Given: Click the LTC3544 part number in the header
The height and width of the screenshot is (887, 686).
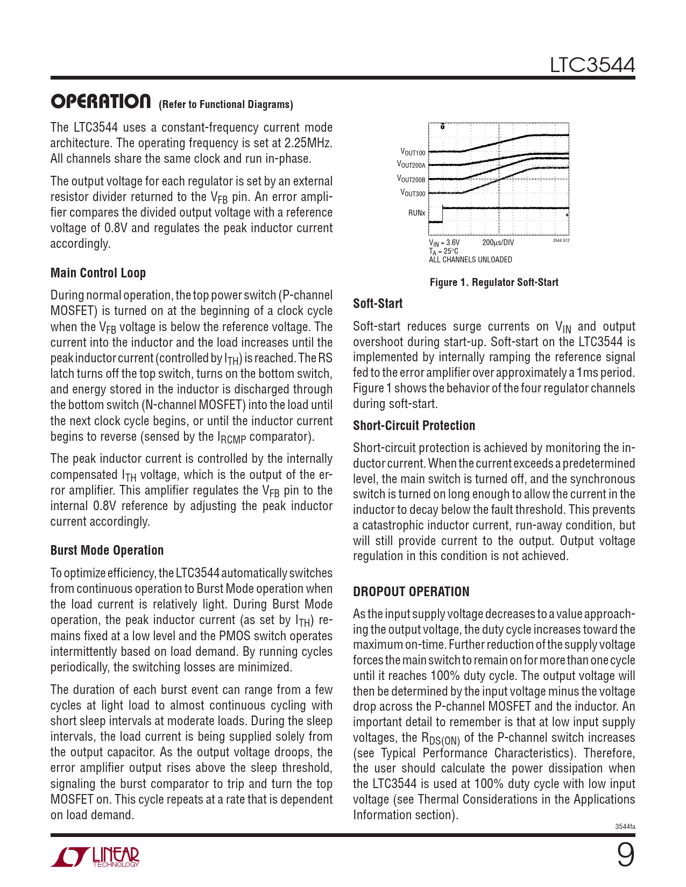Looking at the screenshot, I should (x=592, y=65).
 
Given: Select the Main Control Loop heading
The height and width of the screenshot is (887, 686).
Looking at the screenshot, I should (x=98, y=273).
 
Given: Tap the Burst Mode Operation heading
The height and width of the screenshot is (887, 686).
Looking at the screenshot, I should (x=107, y=550).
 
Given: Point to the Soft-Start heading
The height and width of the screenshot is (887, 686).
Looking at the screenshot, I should (x=378, y=304).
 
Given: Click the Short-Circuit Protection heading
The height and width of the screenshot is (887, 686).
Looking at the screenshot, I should (x=414, y=426).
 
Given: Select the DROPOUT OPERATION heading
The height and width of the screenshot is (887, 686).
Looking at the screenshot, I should (x=411, y=592).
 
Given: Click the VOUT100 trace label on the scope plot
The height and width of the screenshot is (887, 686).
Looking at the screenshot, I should (x=413, y=153).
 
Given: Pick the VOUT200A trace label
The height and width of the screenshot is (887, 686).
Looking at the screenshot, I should (x=411, y=164).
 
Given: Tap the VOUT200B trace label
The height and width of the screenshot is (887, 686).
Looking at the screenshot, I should (x=411, y=178).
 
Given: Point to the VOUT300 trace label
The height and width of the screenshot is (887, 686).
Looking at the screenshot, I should (x=413, y=192).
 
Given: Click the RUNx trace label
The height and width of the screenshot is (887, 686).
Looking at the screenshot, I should (x=416, y=213).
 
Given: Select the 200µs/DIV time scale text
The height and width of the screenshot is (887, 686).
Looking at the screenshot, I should (x=498, y=242).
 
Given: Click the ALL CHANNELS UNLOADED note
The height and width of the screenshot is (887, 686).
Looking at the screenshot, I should (x=470, y=260).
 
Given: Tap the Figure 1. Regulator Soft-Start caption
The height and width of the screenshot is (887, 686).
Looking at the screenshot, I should (x=494, y=282).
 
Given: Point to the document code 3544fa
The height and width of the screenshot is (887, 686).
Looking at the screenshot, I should (x=625, y=826).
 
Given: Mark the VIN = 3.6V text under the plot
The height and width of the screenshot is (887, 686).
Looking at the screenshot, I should (x=444, y=242).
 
